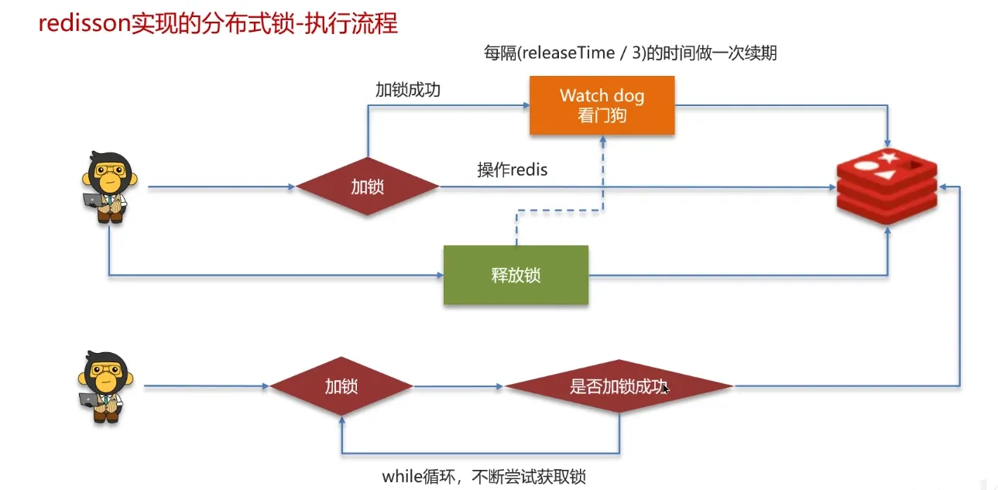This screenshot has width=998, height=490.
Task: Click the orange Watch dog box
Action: click(x=602, y=105)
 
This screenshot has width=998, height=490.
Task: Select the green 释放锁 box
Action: click(x=516, y=275)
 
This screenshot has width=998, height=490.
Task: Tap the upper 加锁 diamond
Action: click(x=367, y=187)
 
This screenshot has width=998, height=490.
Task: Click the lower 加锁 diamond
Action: click(x=341, y=385)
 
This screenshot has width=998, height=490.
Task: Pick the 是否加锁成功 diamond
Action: click(x=619, y=385)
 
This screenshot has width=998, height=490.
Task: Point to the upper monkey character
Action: click(x=106, y=187)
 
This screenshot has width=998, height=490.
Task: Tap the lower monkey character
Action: click(x=103, y=386)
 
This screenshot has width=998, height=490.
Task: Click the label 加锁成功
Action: click(x=407, y=89)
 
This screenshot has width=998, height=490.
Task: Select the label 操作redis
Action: click(x=512, y=170)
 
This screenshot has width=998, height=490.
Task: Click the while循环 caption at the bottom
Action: click(x=490, y=475)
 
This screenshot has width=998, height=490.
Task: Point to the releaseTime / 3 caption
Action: click(x=629, y=53)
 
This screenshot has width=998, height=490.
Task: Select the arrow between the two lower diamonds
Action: click(x=458, y=385)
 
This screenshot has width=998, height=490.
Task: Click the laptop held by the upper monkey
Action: click(x=93, y=200)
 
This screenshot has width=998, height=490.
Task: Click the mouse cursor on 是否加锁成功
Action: click(x=664, y=387)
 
